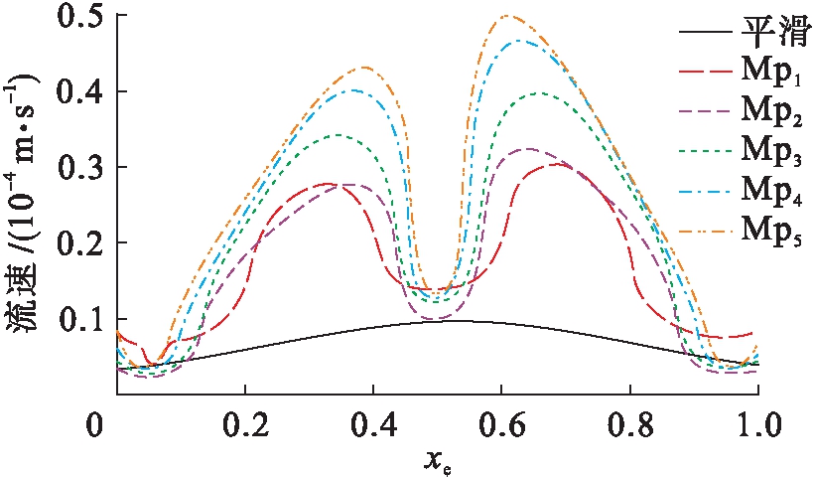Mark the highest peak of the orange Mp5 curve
pyautogui.click(x=508, y=16)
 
